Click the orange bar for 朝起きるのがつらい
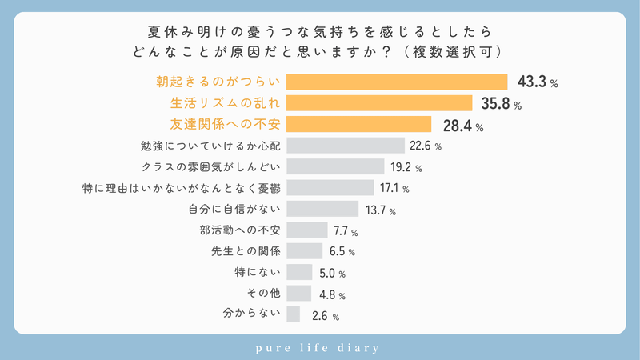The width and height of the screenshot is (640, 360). [397, 82]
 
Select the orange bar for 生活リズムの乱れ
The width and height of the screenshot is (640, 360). [379, 103]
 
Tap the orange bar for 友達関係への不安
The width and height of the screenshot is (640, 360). [358, 124]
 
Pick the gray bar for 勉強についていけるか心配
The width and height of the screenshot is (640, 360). [345, 146]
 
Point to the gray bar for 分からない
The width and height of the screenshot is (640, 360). [293, 314]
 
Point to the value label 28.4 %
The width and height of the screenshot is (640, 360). [464, 126]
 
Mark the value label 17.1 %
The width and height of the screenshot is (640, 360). [394, 189]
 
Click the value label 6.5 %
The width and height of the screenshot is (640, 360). [341, 252]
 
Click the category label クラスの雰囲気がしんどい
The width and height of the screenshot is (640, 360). [210, 167]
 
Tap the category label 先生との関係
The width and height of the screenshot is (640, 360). [239, 251]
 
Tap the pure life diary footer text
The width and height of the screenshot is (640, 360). [320, 348]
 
